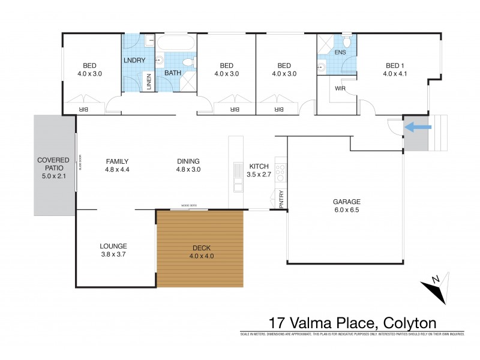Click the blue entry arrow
click(x=419, y=127)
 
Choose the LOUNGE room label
click(x=113, y=246)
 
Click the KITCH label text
click(x=259, y=166)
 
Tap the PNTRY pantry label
click(x=281, y=199)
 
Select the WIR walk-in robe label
click(x=340, y=88)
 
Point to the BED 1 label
click(x=395, y=65)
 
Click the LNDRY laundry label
click(x=136, y=61)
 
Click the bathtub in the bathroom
click(x=176, y=44)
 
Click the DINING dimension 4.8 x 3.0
click(x=188, y=170)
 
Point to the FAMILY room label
click(x=118, y=161)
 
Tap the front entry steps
click(x=439, y=133)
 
